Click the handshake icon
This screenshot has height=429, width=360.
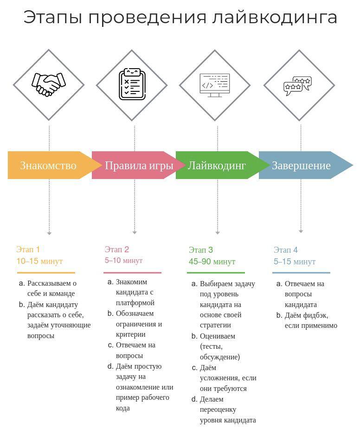coord(49,84)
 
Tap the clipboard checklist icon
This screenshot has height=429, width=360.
coord(132,84)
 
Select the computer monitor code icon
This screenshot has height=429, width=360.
coord(215,85)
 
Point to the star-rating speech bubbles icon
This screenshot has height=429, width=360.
coord(297,86)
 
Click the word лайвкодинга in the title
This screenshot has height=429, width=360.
coord(275,18)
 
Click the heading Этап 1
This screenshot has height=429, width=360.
coord(28,250)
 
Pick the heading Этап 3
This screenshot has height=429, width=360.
coord(201,250)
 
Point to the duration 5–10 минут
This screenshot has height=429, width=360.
coord(123,260)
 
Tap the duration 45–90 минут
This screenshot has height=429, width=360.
coord(212,262)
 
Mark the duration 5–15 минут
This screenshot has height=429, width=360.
coord(295,262)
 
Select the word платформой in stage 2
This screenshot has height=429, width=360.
coord(135,303)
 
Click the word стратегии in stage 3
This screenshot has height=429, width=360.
coord(215,326)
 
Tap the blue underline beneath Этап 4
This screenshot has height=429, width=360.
coord(301,273)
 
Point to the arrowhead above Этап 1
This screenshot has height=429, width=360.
coord(49,233)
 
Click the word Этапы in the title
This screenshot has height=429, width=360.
coord(52,18)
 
